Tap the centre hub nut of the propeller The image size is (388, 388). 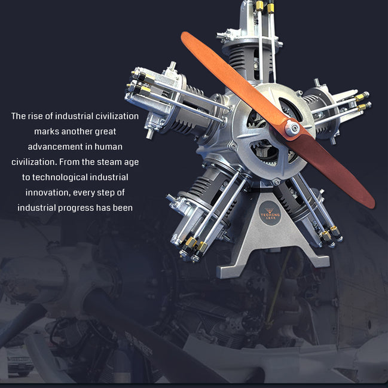coord(292,127)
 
